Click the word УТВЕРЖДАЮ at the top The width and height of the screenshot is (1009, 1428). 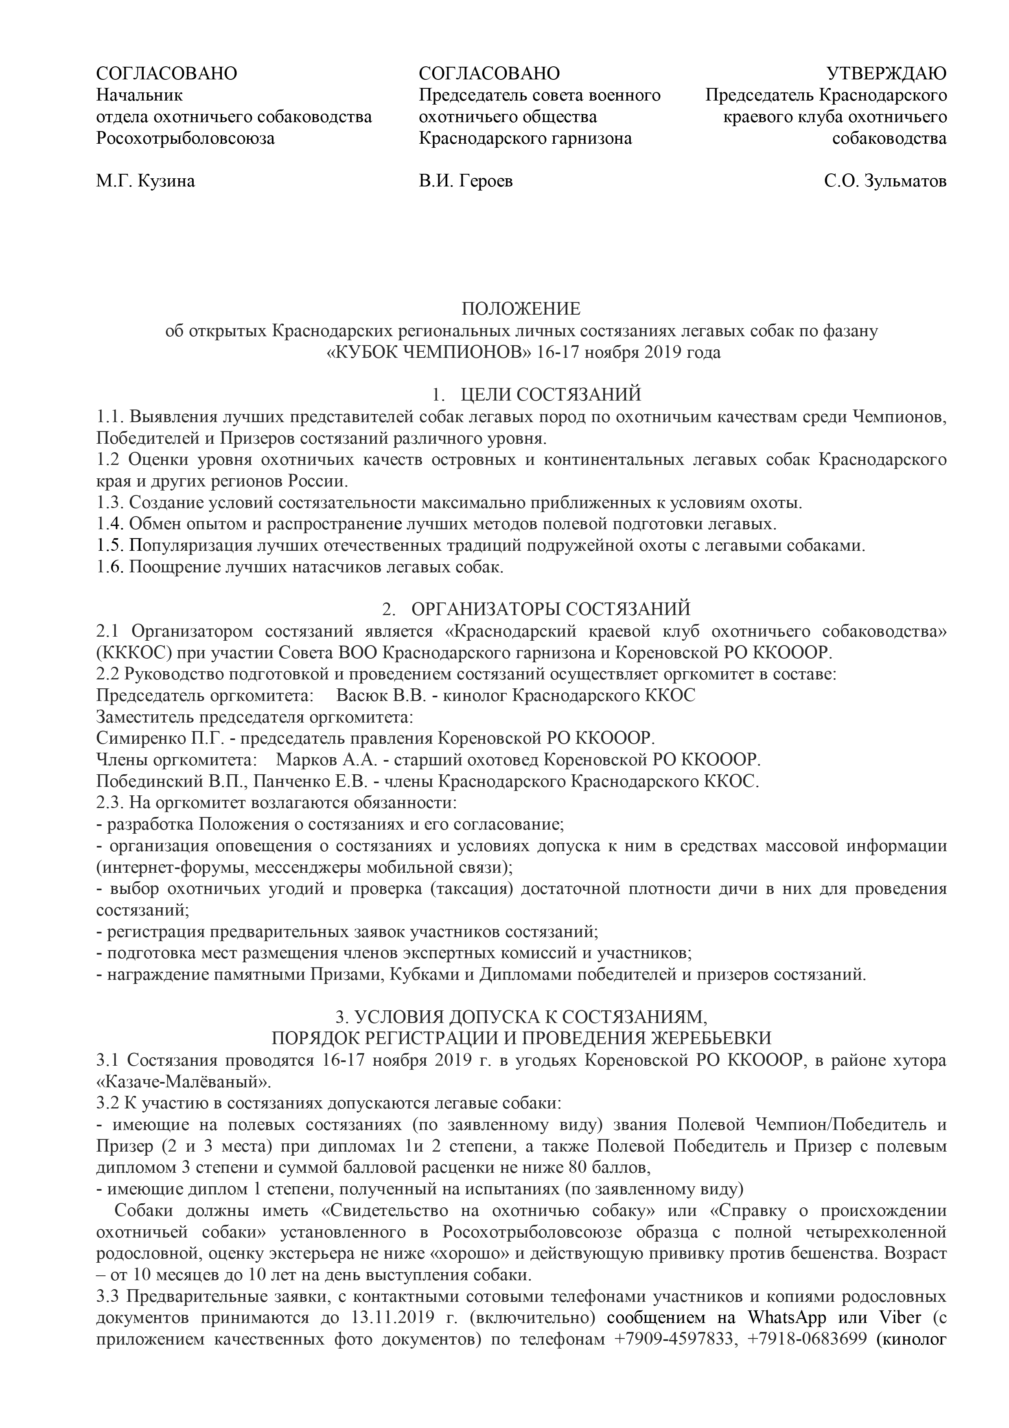click(x=886, y=73)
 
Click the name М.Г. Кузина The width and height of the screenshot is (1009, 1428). click(x=145, y=181)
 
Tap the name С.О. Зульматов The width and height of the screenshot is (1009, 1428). click(x=885, y=181)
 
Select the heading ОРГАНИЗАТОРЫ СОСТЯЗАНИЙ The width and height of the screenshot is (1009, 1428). click(x=551, y=608)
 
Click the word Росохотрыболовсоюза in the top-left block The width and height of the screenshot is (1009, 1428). click(x=185, y=138)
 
